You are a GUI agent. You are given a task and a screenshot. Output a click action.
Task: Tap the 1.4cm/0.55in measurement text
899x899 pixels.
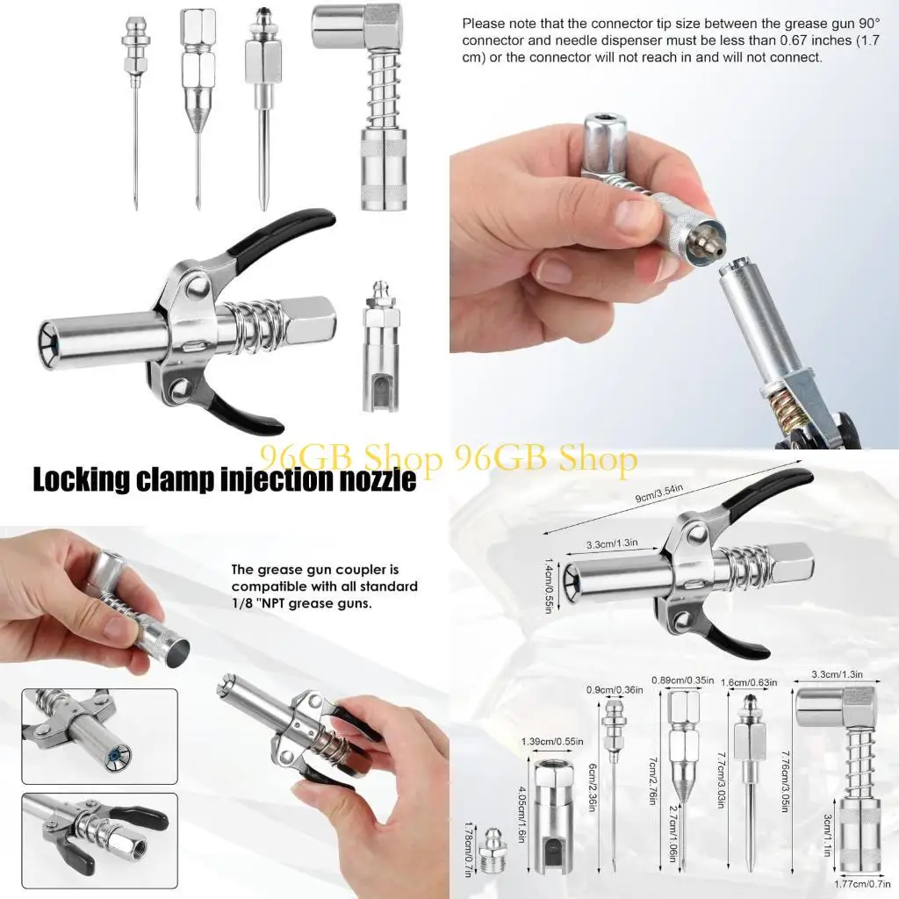550,587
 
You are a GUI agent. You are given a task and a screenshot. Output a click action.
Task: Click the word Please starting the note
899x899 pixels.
483,24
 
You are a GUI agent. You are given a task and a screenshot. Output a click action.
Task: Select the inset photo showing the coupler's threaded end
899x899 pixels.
99,834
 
